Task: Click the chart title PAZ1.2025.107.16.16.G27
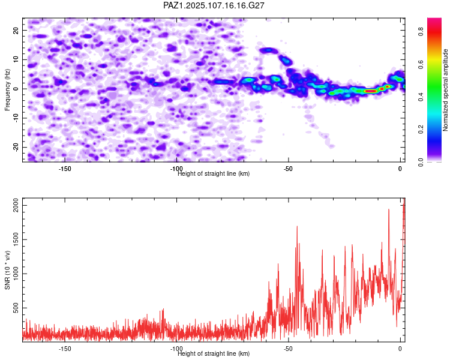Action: pyautogui.click(x=214, y=5)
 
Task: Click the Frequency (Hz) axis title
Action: pyautogui.click(x=7, y=90)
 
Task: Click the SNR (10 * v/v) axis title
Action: pyautogui.click(x=7, y=270)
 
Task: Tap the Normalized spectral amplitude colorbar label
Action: pyautogui.click(x=445, y=90)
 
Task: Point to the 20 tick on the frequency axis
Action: pyautogui.click(x=16, y=30)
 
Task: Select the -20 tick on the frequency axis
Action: pyautogui.click(x=16, y=147)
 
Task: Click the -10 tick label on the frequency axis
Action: pyautogui.click(x=16, y=118)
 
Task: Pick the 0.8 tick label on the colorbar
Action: pyautogui.click(x=421, y=31)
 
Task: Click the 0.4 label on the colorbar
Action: pyautogui.click(x=421, y=97)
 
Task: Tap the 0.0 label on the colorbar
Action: pyautogui.click(x=421, y=163)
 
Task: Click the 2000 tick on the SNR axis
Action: pyautogui.click(x=16, y=206)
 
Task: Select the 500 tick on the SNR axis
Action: pyautogui.click(x=16, y=308)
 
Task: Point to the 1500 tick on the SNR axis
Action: pyautogui.click(x=16, y=240)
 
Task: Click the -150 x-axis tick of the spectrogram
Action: pyautogui.click(x=65, y=169)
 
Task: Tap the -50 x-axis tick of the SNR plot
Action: pyautogui.click(x=289, y=349)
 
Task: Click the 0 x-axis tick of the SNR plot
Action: pyautogui.click(x=400, y=349)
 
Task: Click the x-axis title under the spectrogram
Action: pyautogui.click(x=214, y=173)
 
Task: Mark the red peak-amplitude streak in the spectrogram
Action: pyautogui.click(x=370, y=91)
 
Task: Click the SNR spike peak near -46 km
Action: pyautogui.click(x=297, y=227)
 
